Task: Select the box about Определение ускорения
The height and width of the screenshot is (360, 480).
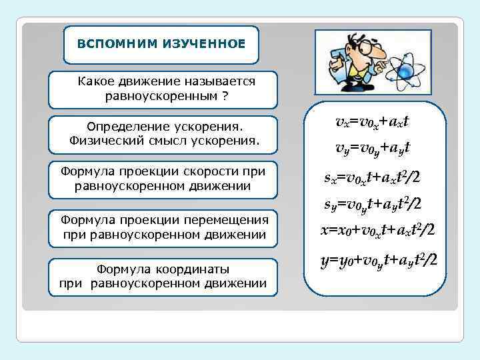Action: click(x=164, y=133)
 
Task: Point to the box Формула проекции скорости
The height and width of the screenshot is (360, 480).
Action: click(x=164, y=179)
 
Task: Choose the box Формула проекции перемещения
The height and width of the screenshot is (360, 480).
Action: click(x=164, y=227)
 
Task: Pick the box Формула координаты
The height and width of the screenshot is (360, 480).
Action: click(x=164, y=276)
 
